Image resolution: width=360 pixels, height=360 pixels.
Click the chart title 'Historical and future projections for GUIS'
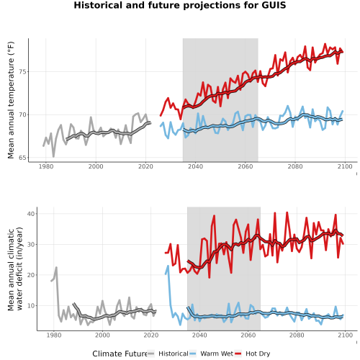pyautogui.click(x=180, y=5)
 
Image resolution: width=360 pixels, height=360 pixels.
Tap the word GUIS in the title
pyautogui.click(x=274, y=5)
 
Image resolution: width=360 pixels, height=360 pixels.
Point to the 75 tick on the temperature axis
pyautogui.click(x=23, y=72)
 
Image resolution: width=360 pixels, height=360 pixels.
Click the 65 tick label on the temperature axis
pyautogui.click(x=23, y=158)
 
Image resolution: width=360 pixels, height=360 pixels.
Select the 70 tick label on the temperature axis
pyautogui.click(x=23, y=114)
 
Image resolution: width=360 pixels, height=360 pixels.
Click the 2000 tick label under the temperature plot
pyautogui.click(x=96, y=166)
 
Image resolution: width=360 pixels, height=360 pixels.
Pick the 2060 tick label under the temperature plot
pyautogui.click(x=246, y=166)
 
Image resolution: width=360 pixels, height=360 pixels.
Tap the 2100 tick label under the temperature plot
pyautogui.click(x=345, y=166)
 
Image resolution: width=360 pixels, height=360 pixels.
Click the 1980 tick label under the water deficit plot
pyautogui.click(x=54, y=335)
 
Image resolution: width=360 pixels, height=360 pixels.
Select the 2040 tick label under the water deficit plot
pyautogui.click(x=199, y=335)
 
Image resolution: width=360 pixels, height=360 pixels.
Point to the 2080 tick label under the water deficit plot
pyautogui.click(x=297, y=335)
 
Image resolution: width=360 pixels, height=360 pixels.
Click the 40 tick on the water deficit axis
pyautogui.click(x=31, y=214)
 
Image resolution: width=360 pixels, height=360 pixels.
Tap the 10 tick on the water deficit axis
pyautogui.click(x=31, y=305)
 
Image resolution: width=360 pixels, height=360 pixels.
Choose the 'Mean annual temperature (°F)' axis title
pyautogui.click(x=11, y=100)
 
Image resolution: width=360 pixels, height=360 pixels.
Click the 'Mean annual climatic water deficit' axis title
pyautogui.click(x=15, y=269)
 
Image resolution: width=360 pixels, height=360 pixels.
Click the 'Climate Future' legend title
pyautogui.click(x=120, y=354)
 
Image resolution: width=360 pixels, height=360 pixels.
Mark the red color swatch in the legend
pyautogui.click(x=238, y=354)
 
